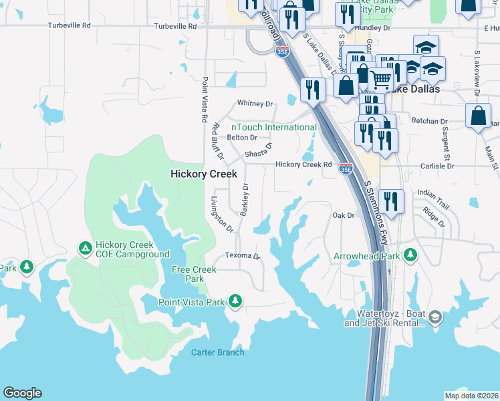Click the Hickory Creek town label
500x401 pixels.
click(204, 174)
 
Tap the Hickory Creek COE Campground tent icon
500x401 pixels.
click(85, 249)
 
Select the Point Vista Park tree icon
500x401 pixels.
click(235, 302)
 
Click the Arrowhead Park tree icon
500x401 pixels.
click(410, 255)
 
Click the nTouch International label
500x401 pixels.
click(274, 127)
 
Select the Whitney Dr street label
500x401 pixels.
click(256, 104)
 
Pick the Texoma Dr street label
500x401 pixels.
click(241, 256)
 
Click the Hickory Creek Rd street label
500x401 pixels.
click(303, 164)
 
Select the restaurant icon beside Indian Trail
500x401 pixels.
click(391, 200)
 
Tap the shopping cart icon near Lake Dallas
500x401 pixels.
click(380, 79)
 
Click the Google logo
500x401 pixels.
click(22, 393)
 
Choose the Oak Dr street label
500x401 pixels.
click(343, 215)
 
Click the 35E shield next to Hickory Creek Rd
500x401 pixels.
click(346, 167)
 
